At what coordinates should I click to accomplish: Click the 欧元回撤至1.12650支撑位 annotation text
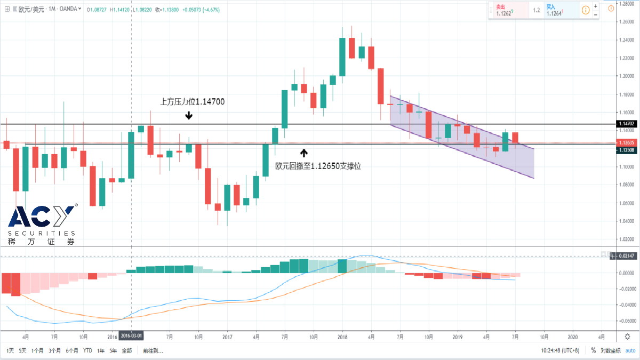click(318, 166)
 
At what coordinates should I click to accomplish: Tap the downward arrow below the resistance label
click(189, 115)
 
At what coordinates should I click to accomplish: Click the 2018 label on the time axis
click(342, 337)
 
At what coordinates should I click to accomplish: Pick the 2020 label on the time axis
click(572, 337)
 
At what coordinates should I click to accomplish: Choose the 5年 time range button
click(113, 350)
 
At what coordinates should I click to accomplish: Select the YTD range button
click(87, 350)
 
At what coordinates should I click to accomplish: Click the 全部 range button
click(126, 350)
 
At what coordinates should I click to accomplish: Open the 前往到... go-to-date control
click(153, 350)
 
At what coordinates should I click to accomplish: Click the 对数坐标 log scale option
click(610, 350)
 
